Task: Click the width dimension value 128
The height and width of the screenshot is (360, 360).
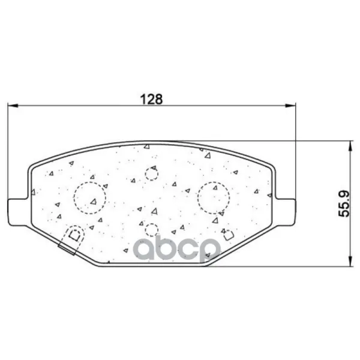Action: pyautogui.click(x=151, y=99)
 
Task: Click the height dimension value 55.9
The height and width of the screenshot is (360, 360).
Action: pyautogui.click(x=344, y=203)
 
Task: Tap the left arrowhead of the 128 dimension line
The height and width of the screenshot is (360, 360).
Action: pyautogui.click(x=13, y=106)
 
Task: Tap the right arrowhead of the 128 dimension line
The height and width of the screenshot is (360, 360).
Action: pyautogui.click(x=290, y=106)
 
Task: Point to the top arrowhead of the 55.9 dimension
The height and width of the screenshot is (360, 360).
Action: pyautogui.click(x=350, y=146)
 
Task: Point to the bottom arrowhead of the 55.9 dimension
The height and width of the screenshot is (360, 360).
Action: pyautogui.click(x=350, y=261)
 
